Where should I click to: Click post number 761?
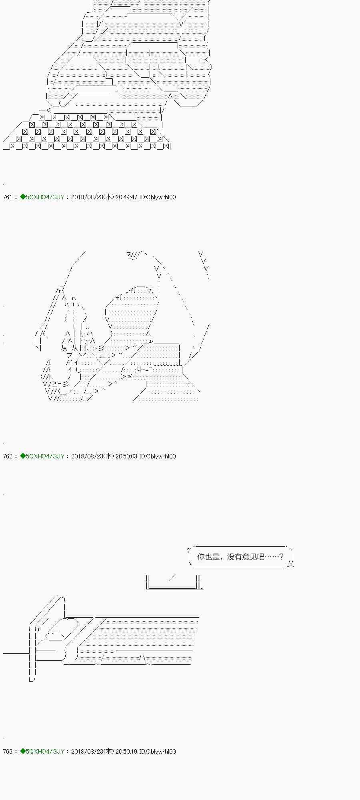coord(8,197)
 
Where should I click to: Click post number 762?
coord(8,456)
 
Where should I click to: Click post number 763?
coord(8,752)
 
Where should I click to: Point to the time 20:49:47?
coord(126,197)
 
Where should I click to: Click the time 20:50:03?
coord(126,456)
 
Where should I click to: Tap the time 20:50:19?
coord(126,752)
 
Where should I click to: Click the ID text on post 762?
coord(158,456)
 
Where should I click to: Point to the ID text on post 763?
coord(158,752)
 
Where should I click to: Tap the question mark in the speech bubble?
coord(281,557)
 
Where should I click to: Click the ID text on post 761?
coord(158,197)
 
